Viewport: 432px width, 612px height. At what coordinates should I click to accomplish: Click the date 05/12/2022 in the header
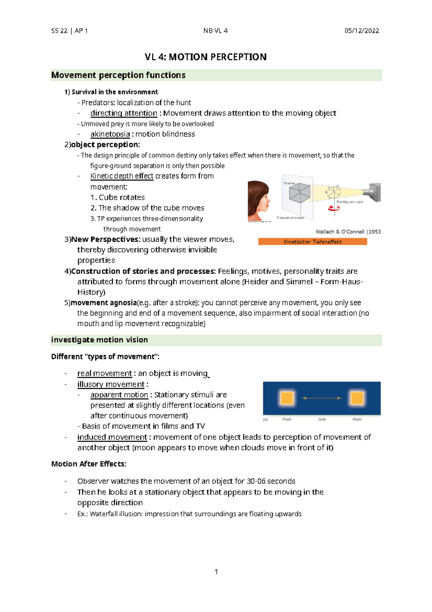(361, 31)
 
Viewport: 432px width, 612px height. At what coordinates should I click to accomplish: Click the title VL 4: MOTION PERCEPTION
(206, 57)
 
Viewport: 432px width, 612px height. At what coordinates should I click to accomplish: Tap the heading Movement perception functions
(118, 75)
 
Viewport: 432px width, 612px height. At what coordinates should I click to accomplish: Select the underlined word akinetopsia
(110, 134)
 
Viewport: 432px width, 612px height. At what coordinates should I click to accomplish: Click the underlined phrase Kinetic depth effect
(122, 176)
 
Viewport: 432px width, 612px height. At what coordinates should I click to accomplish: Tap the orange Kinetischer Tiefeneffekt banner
(312, 241)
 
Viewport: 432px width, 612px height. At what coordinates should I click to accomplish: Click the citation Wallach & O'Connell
(340, 232)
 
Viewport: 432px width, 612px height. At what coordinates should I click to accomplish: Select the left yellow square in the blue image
(287, 398)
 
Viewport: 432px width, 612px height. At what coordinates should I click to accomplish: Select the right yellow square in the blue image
(357, 398)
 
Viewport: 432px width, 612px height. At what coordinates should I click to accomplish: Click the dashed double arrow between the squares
(322, 398)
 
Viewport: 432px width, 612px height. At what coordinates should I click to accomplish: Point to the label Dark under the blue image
(322, 419)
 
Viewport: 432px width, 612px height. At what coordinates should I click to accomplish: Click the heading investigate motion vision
(100, 340)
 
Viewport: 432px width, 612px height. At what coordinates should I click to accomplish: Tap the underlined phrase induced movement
(112, 437)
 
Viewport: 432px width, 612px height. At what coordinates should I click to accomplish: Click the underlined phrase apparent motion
(119, 395)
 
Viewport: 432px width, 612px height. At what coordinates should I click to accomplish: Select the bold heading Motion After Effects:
(89, 464)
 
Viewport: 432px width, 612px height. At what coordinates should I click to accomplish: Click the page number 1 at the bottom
(216, 572)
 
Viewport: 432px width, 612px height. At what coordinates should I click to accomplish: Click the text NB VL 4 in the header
(215, 31)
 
